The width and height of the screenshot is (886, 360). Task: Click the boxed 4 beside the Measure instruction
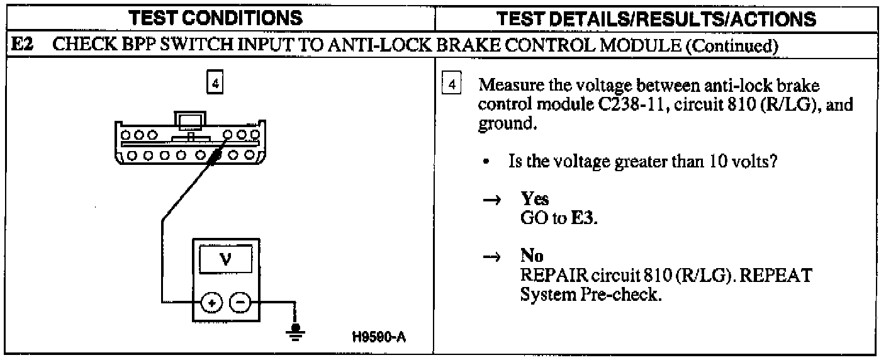(x=451, y=84)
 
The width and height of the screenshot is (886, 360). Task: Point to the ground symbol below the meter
(x=293, y=332)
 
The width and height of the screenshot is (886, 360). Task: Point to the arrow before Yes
(x=495, y=200)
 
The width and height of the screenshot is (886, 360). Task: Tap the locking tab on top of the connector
(x=189, y=120)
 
